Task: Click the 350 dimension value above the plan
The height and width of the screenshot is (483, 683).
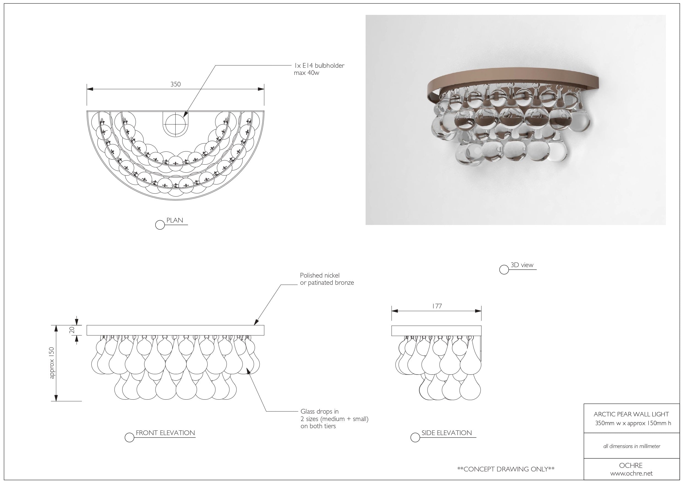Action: [x=176, y=84]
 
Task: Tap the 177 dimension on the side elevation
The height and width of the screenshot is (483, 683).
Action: [x=437, y=306]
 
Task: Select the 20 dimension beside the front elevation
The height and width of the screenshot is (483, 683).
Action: [x=72, y=330]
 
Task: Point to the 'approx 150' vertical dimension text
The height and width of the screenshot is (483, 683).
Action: [x=52, y=363]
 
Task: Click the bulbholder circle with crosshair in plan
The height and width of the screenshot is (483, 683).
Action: [x=176, y=124]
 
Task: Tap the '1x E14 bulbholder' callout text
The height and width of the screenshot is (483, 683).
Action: [x=319, y=66]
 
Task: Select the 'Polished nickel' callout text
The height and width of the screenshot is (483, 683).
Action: [x=320, y=276]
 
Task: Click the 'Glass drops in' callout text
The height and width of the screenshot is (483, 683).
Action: [x=320, y=412]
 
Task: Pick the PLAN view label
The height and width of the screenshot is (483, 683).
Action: [x=175, y=220]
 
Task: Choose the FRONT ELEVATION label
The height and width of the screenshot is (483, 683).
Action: [x=165, y=433]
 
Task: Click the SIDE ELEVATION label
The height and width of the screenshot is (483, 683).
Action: [x=447, y=433]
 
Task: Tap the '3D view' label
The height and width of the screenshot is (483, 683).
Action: [x=522, y=265]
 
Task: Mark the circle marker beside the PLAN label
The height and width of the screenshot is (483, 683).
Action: [x=160, y=225]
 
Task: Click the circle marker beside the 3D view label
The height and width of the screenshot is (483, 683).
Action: [x=504, y=270]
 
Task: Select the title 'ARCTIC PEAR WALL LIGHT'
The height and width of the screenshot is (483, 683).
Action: [x=631, y=414]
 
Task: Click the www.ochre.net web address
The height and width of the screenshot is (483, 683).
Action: [x=631, y=473]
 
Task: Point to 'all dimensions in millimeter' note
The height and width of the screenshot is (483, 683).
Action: [x=632, y=446]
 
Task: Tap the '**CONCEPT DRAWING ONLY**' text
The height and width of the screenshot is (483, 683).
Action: [x=506, y=469]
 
